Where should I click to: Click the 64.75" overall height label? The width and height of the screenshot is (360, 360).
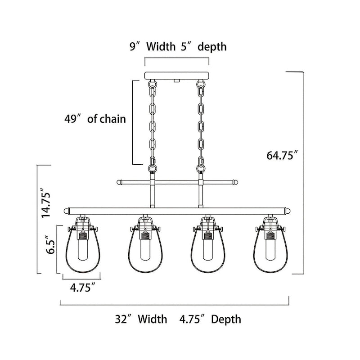pyautogui.click(x=283, y=156)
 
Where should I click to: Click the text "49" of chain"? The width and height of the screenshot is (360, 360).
pyautogui.click(x=94, y=119)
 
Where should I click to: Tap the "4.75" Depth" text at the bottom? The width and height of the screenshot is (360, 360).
pyautogui.click(x=210, y=319)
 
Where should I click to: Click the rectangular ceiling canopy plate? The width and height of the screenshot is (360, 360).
pyautogui.click(x=176, y=76)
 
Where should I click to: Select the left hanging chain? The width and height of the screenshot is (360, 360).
pyautogui.click(x=153, y=124)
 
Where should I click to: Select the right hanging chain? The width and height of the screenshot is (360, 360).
pyautogui.click(x=200, y=124)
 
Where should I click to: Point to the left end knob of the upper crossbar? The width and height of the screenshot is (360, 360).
pyautogui.click(x=120, y=183)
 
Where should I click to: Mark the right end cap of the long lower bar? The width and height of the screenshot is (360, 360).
pyautogui.click(x=287, y=209)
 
